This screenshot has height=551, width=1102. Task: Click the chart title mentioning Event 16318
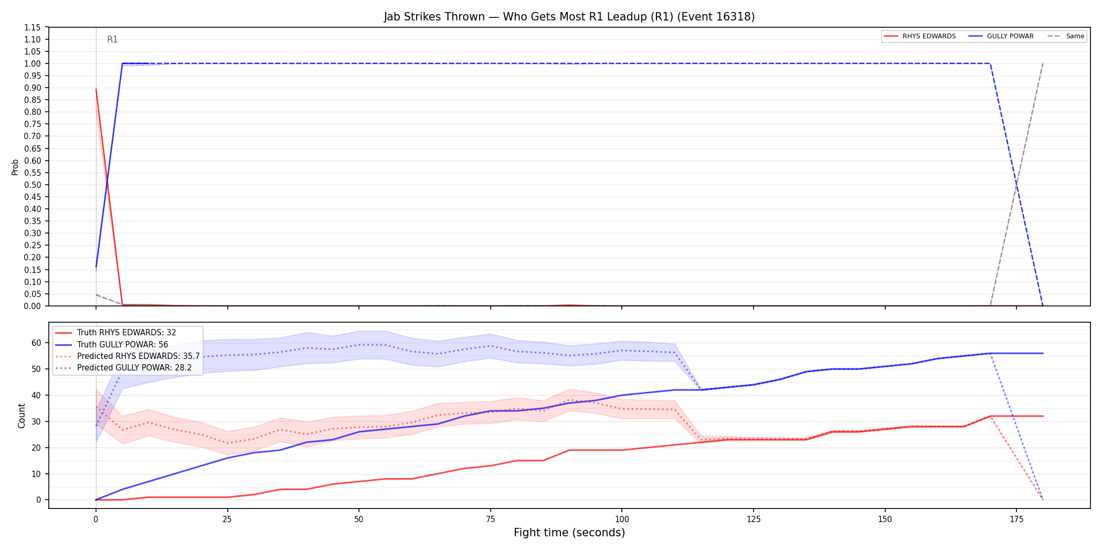(569, 17)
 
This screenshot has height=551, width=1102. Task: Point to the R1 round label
(112, 39)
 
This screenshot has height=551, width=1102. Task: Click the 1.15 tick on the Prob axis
(33, 27)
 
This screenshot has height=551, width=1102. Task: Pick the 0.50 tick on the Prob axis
(33, 185)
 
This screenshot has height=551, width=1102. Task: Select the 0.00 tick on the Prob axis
(33, 306)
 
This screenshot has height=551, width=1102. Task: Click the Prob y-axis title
(15, 167)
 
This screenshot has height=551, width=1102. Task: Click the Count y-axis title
(22, 416)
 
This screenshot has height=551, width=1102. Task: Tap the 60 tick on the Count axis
(36, 343)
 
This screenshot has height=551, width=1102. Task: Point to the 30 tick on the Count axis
(36, 421)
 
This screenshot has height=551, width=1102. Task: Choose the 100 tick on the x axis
(622, 520)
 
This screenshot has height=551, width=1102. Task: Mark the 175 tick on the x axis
(1016, 520)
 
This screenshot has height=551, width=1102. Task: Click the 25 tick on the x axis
(227, 520)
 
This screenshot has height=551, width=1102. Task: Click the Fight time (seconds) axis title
(569, 533)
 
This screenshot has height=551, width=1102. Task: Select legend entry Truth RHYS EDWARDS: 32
(126, 333)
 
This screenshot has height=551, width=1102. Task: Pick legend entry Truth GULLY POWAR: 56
(122, 345)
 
